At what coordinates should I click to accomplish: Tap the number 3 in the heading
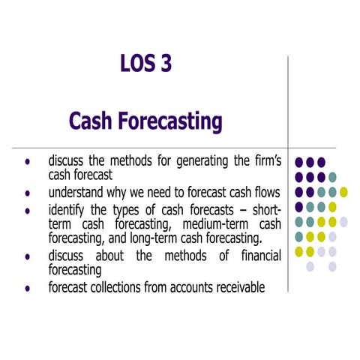[x=165, y=64]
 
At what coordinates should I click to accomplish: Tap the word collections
[x=126, y=287]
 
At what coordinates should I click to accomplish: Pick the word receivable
[x=240, y=287]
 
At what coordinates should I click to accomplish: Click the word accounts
[x=187, y=287]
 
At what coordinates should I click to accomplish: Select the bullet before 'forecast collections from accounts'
[x=28, y=288]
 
